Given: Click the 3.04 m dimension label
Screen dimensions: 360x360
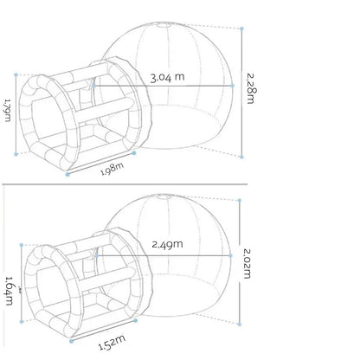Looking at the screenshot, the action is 167,77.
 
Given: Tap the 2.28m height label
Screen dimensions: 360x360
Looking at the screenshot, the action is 251,88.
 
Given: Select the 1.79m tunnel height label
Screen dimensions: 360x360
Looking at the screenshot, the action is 8,111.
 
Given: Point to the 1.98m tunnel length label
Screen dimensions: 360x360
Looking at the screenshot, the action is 112,169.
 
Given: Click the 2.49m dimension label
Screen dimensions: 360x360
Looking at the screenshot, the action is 167,244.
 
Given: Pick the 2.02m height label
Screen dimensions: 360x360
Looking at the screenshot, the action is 247,263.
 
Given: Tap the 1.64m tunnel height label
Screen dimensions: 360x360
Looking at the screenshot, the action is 10,291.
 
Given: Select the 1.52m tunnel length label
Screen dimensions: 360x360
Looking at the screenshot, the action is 112,343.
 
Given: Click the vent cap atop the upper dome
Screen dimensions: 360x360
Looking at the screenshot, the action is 164,26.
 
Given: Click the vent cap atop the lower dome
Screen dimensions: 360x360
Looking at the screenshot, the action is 164,197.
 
